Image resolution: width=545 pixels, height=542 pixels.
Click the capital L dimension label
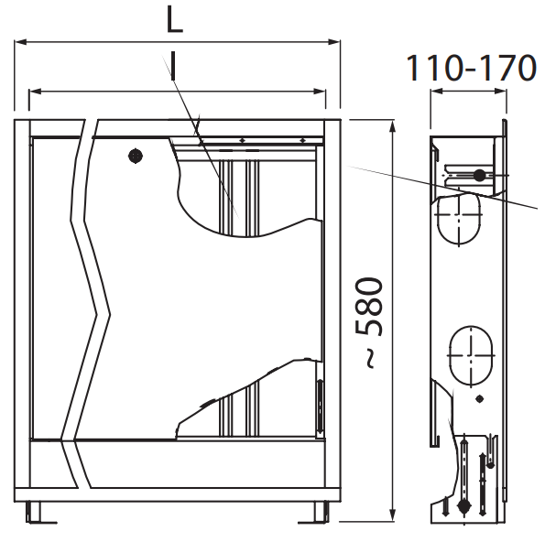[174, 20]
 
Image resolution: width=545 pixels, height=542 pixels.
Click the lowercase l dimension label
[173, 66]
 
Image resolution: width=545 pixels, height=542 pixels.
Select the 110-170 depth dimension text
[471, 68]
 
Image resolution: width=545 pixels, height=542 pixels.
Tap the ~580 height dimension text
[369, 321]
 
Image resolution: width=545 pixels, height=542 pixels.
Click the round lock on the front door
[136, 156]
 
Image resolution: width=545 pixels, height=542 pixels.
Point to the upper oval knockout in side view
[459, 218]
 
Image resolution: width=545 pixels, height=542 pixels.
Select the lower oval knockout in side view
[471, 356]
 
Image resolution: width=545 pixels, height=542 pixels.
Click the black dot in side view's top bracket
[479, 176]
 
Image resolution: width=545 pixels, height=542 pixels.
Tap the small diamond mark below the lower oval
[479, 399]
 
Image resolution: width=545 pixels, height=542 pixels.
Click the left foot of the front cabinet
[33, 512]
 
